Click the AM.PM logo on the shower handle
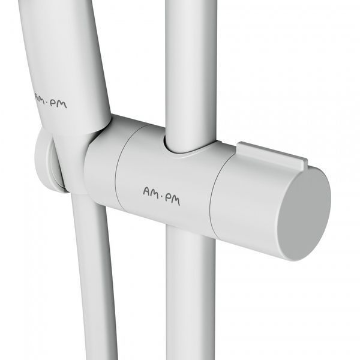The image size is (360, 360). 51,101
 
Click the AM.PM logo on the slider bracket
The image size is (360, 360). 161,196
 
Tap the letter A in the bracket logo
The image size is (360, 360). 147,191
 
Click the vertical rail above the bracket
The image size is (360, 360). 191,73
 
